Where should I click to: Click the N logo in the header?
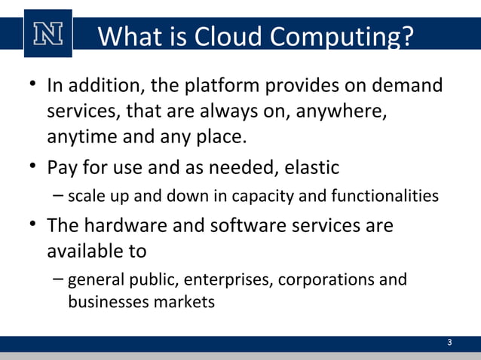point(47,33)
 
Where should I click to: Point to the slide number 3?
point(449,343)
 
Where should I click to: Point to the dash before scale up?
point(59,196)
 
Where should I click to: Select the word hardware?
point(136,225)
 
